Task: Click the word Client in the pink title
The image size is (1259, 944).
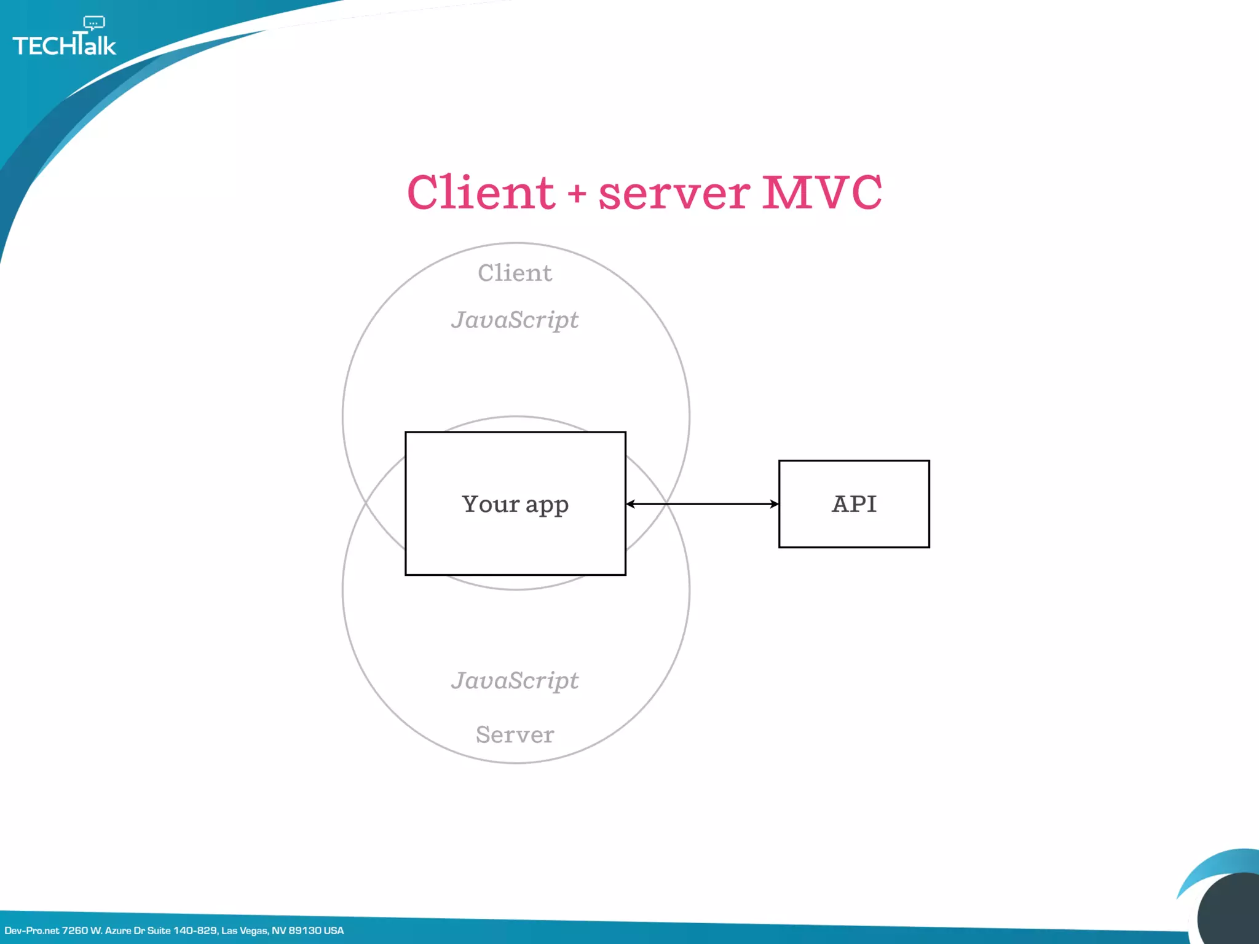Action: [481, 192]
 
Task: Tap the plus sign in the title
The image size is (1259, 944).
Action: [577, 194]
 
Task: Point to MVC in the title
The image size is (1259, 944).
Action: [822, 192]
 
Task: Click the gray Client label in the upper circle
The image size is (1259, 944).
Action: [515, 273]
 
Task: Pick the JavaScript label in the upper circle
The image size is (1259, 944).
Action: [515, 320]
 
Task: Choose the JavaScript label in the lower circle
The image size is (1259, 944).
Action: [515, 680]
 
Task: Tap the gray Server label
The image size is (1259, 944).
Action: [515, 734]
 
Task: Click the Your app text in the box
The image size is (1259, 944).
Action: [515, 504]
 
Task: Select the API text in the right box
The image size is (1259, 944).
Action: [854, 504]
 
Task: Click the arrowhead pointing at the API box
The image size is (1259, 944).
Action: [774, 504]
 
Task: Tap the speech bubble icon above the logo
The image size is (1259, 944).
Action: [94, 23]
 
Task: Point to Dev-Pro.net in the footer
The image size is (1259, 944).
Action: [32, 930]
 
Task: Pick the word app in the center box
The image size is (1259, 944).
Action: [547, 505]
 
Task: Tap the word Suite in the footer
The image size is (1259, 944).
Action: [159, 930]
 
